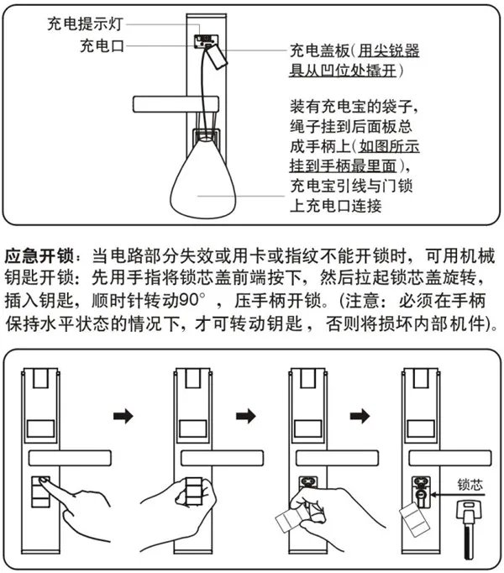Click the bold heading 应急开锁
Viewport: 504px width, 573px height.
(x=38, y=254)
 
